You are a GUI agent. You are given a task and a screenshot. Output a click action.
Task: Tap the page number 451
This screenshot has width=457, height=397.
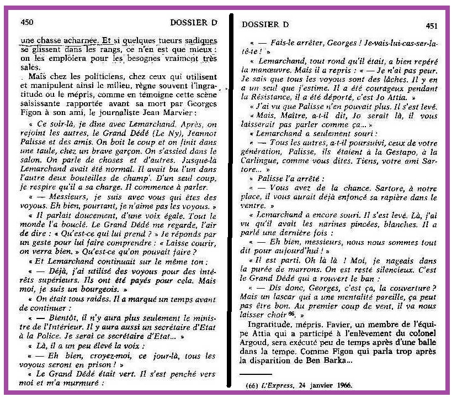coord(433,25)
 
